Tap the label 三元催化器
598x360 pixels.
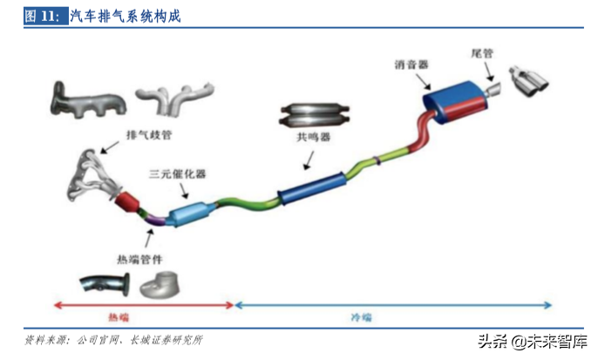(x=177, y=173)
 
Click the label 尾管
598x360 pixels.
(x=482, y=54)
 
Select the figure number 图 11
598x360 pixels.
(x=43, y=17)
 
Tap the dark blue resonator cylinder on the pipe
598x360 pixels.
(x=314, y=187)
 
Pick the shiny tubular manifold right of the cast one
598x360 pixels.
(x=169, y=100)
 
